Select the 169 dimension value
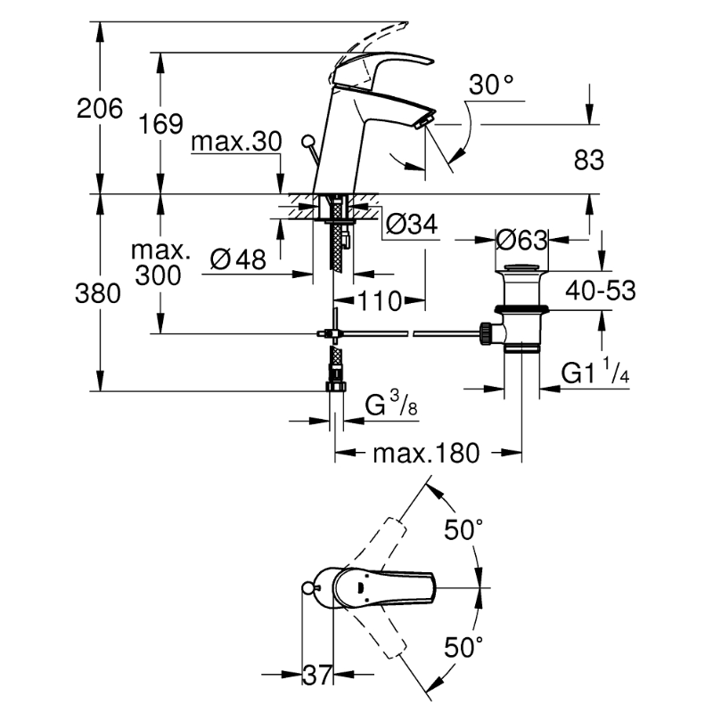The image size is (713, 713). pyautogui.click(x=161, y=124)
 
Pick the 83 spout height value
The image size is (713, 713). pyautogui.click(x=588, y=160)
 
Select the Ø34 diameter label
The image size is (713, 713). pyautogui.click(x=413, y=226)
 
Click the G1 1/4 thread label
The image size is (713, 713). pyautogui.click(x=597, y=373)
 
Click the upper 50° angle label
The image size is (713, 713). pyautogui.click(x=463, y=530)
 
